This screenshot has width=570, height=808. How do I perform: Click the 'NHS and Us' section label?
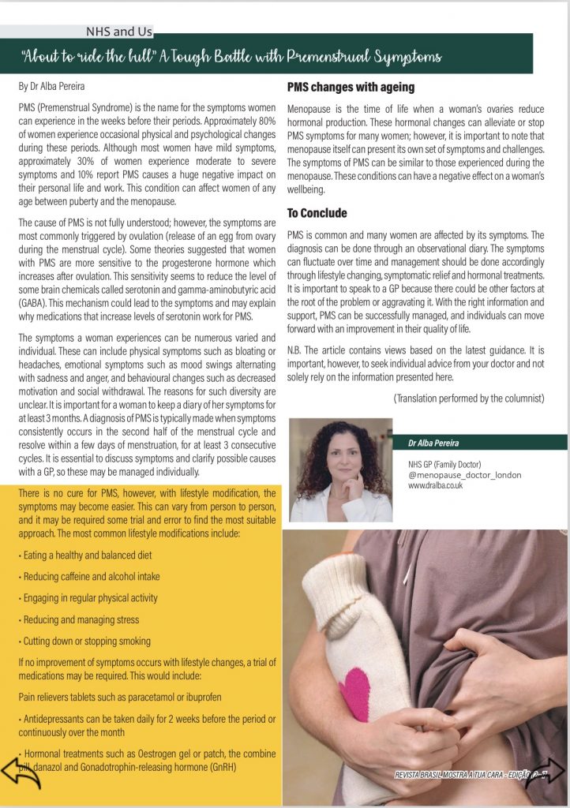[119, 32]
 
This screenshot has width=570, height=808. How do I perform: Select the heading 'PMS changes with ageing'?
[351, 87]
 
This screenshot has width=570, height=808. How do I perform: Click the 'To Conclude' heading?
[317, 213]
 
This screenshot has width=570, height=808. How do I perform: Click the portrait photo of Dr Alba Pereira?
[340, 470]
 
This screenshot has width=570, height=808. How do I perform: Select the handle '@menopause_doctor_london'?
[464, 475]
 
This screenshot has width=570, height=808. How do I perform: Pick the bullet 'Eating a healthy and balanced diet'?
[85, 555]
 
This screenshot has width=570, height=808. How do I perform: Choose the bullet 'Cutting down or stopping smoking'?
[85, 641]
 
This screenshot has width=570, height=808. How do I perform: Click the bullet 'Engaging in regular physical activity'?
[88, 598]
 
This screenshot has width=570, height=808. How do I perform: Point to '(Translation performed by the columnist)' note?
[469, 398]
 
